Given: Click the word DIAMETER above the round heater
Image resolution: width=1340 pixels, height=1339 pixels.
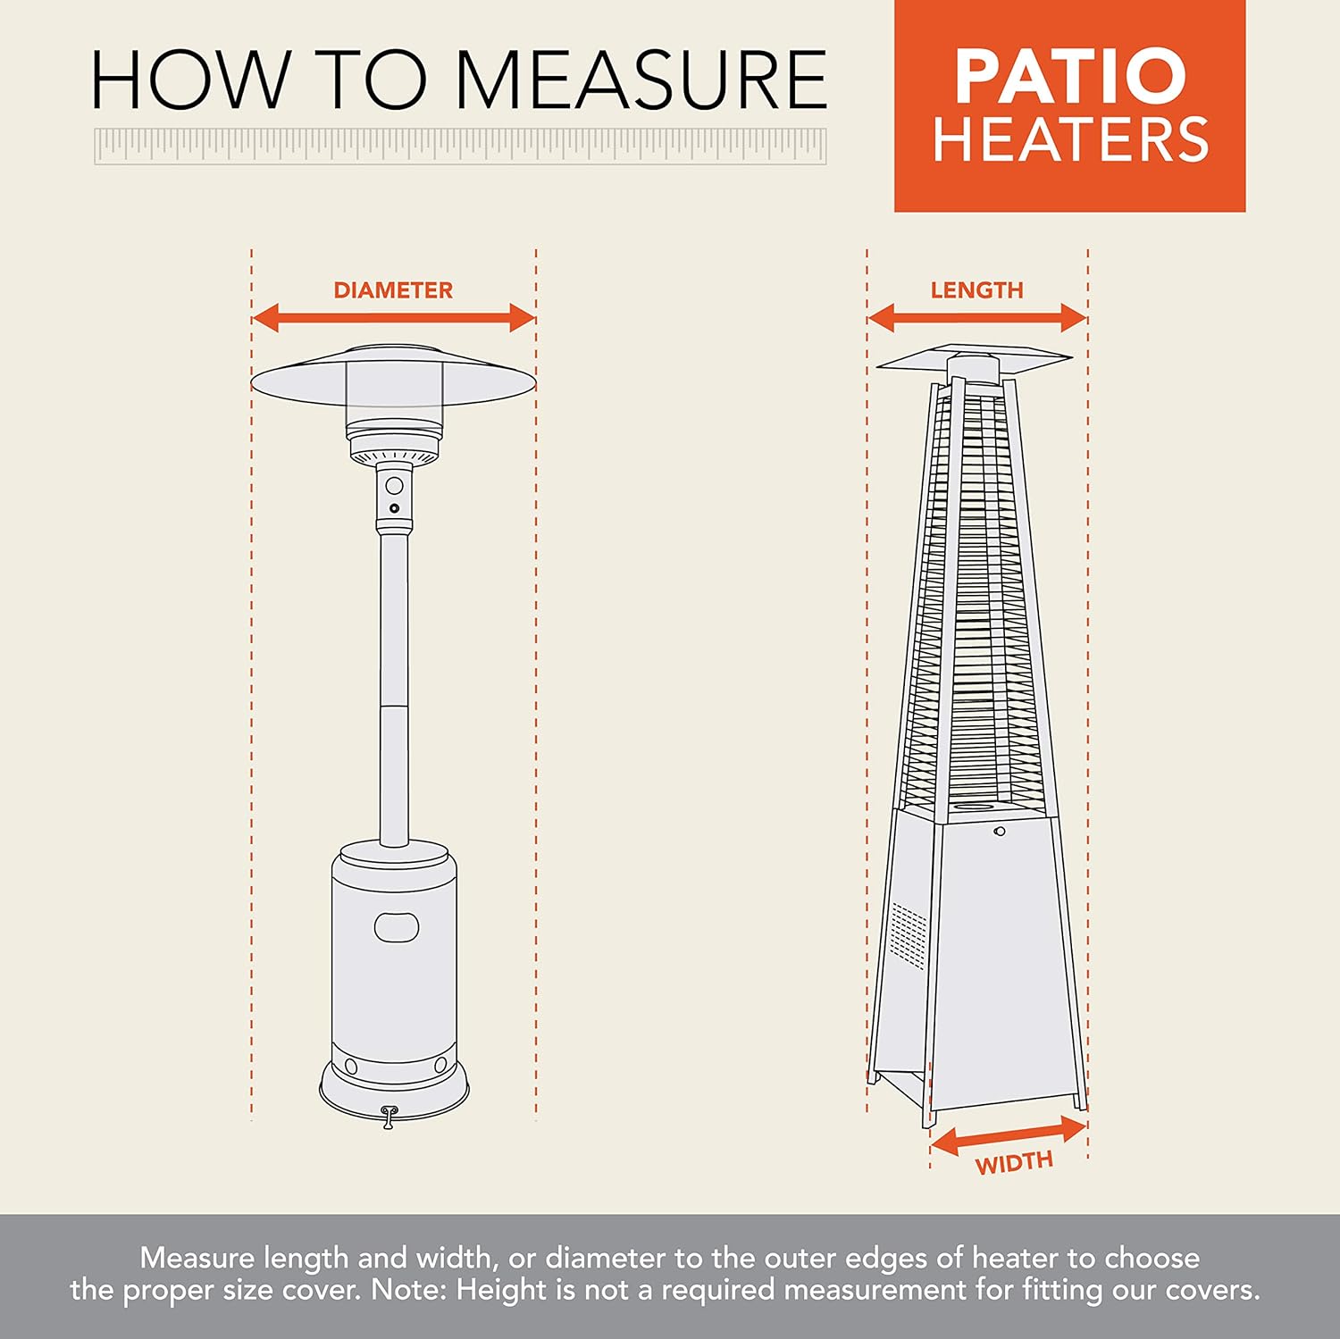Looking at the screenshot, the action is click(x=393, y=290).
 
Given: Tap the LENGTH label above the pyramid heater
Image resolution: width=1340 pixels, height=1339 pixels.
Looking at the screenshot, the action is click(x=976, y=290).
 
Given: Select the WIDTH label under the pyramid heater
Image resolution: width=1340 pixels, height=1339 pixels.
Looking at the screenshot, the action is click(x=1014, y=1163).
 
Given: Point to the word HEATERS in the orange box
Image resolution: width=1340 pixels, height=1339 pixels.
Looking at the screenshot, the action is click(x=1070, y=140).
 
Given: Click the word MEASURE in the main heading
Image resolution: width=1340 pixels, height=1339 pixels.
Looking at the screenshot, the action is click(x=641, y=80).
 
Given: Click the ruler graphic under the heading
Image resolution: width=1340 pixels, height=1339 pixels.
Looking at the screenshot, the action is click(x=460, y=146).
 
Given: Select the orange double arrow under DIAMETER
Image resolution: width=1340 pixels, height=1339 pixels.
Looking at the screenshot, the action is click(x=393, y=317).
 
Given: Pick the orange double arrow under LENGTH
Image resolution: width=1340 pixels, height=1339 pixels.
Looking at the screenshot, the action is click(x=976, y=317).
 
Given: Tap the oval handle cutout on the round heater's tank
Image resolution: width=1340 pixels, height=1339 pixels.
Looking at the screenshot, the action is click(x=397, y=927).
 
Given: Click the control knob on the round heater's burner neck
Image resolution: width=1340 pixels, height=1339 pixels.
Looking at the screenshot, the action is click(x=394, y=488).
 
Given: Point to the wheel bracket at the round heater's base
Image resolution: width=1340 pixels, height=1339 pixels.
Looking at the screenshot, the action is click(x=388, y=1117).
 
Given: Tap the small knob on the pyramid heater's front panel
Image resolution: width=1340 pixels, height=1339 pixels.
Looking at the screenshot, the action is click(x=1000, y=832).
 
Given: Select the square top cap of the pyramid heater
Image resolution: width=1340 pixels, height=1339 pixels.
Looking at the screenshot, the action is click(x=974, y=357).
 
